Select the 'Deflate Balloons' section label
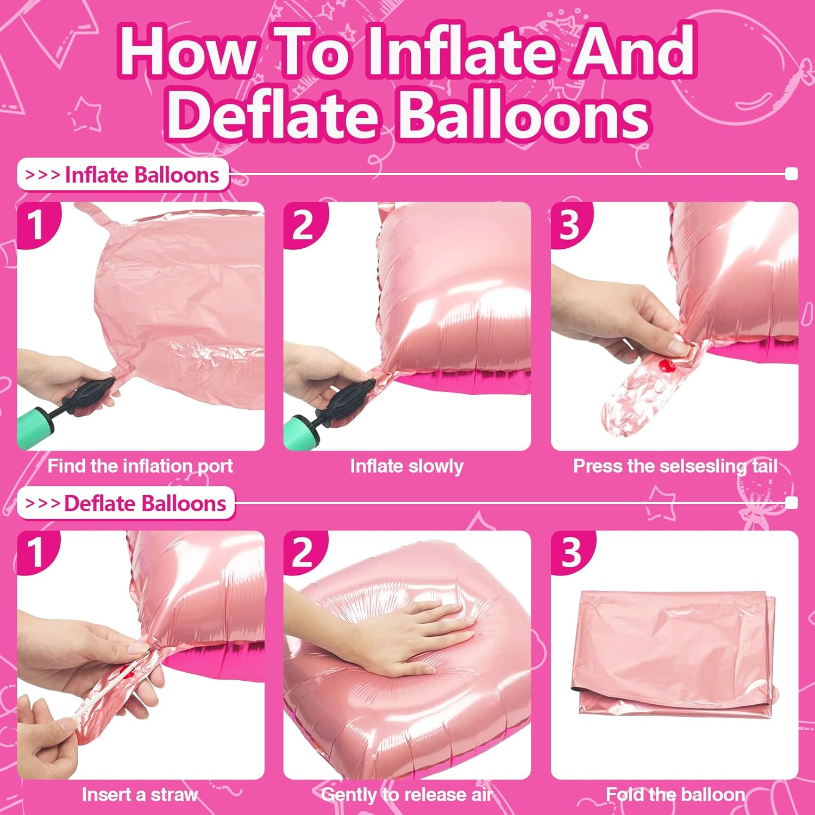127,504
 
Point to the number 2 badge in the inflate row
303,224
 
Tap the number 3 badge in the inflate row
570,224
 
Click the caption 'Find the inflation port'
140,466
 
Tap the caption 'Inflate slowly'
407,466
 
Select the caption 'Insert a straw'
140,795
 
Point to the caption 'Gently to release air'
407,795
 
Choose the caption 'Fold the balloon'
675,795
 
